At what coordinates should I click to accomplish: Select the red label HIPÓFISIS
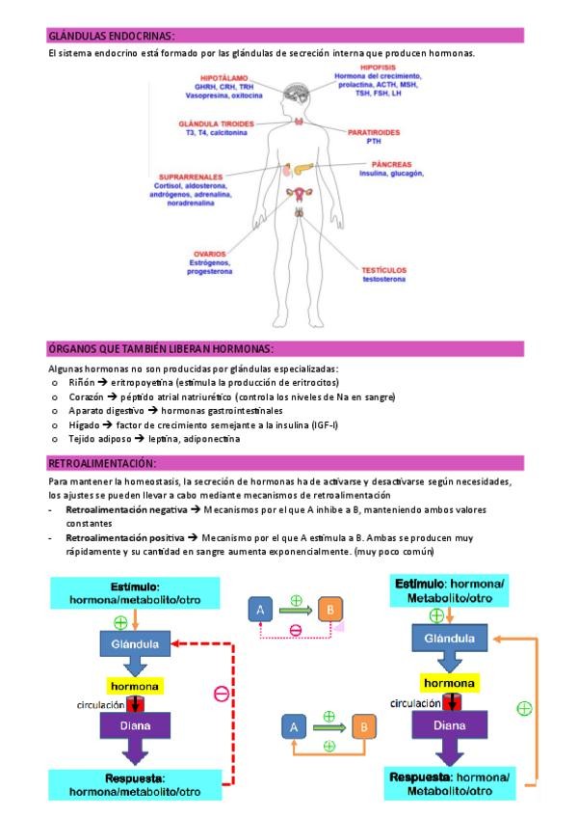pos(379,68)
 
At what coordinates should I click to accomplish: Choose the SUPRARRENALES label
pos(191,177)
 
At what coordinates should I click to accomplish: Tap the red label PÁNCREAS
pos(379,165)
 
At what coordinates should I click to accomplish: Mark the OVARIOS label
pos(208,254)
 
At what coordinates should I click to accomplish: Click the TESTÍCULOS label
pos(384,270)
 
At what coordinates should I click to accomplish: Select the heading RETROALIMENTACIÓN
pos(101,464)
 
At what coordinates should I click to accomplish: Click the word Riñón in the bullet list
pos(80,382)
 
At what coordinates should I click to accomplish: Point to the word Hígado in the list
pos(83,424)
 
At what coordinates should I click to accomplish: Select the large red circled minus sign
pos(221,693)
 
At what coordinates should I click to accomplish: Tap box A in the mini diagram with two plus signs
pos(294,725)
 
